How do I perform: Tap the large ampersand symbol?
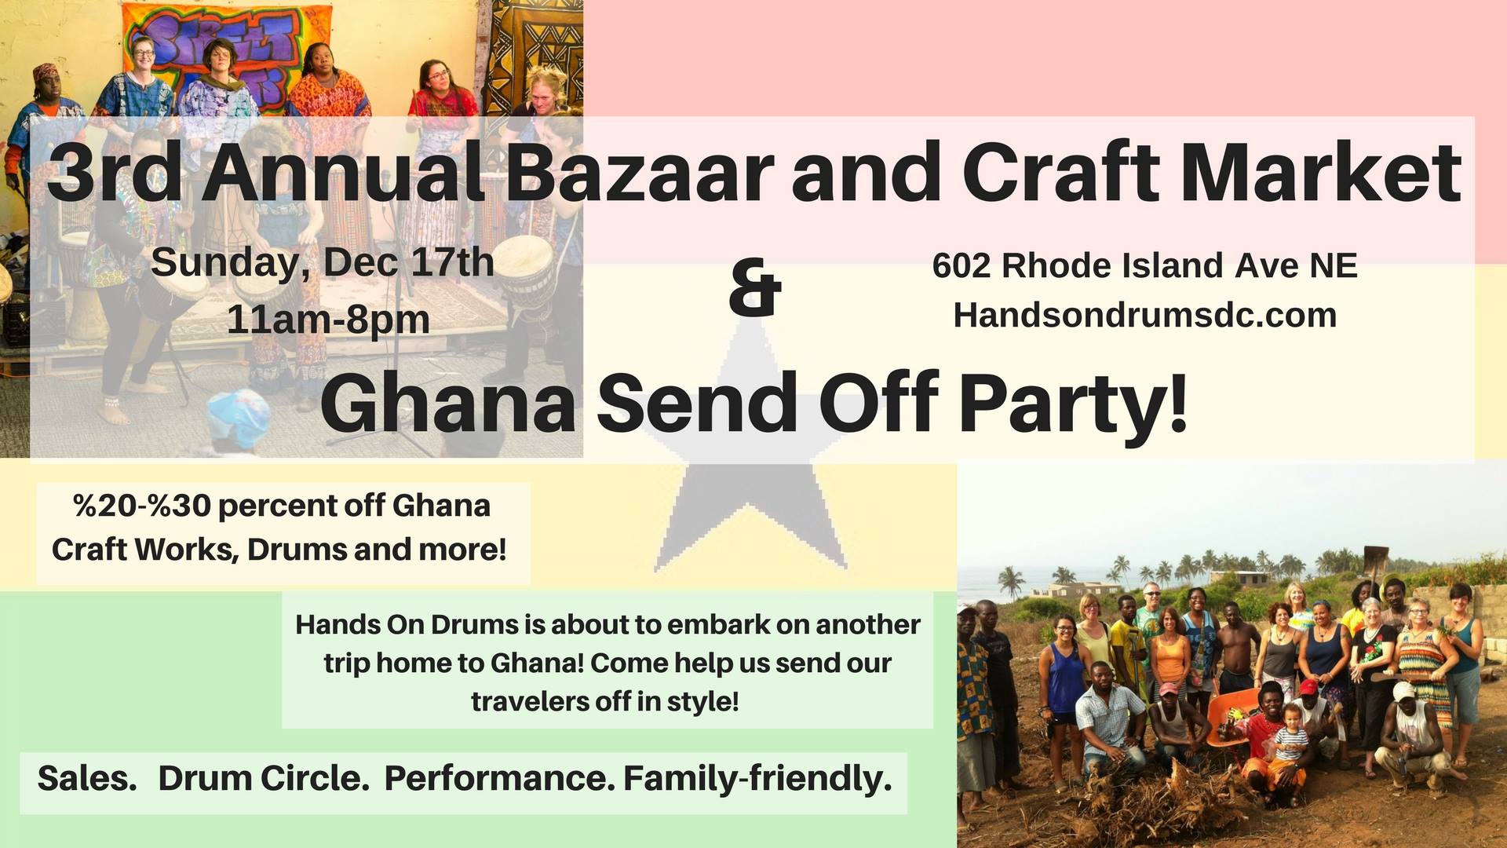pyautogui.click(x=755, y=287)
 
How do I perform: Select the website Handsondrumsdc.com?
pyautogui.click(x=1145, y=315)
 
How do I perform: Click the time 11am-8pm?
pyautogui.click(x=328, y=320)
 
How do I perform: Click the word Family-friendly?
pyautogui.click(x=757, y=779)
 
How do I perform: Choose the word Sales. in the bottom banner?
pyautogui.click(x=87, y=778)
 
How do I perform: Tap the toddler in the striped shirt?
pyautogui.click(x=1290, y=734)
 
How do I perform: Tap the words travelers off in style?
pyautogui.click(x=605, y=700)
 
